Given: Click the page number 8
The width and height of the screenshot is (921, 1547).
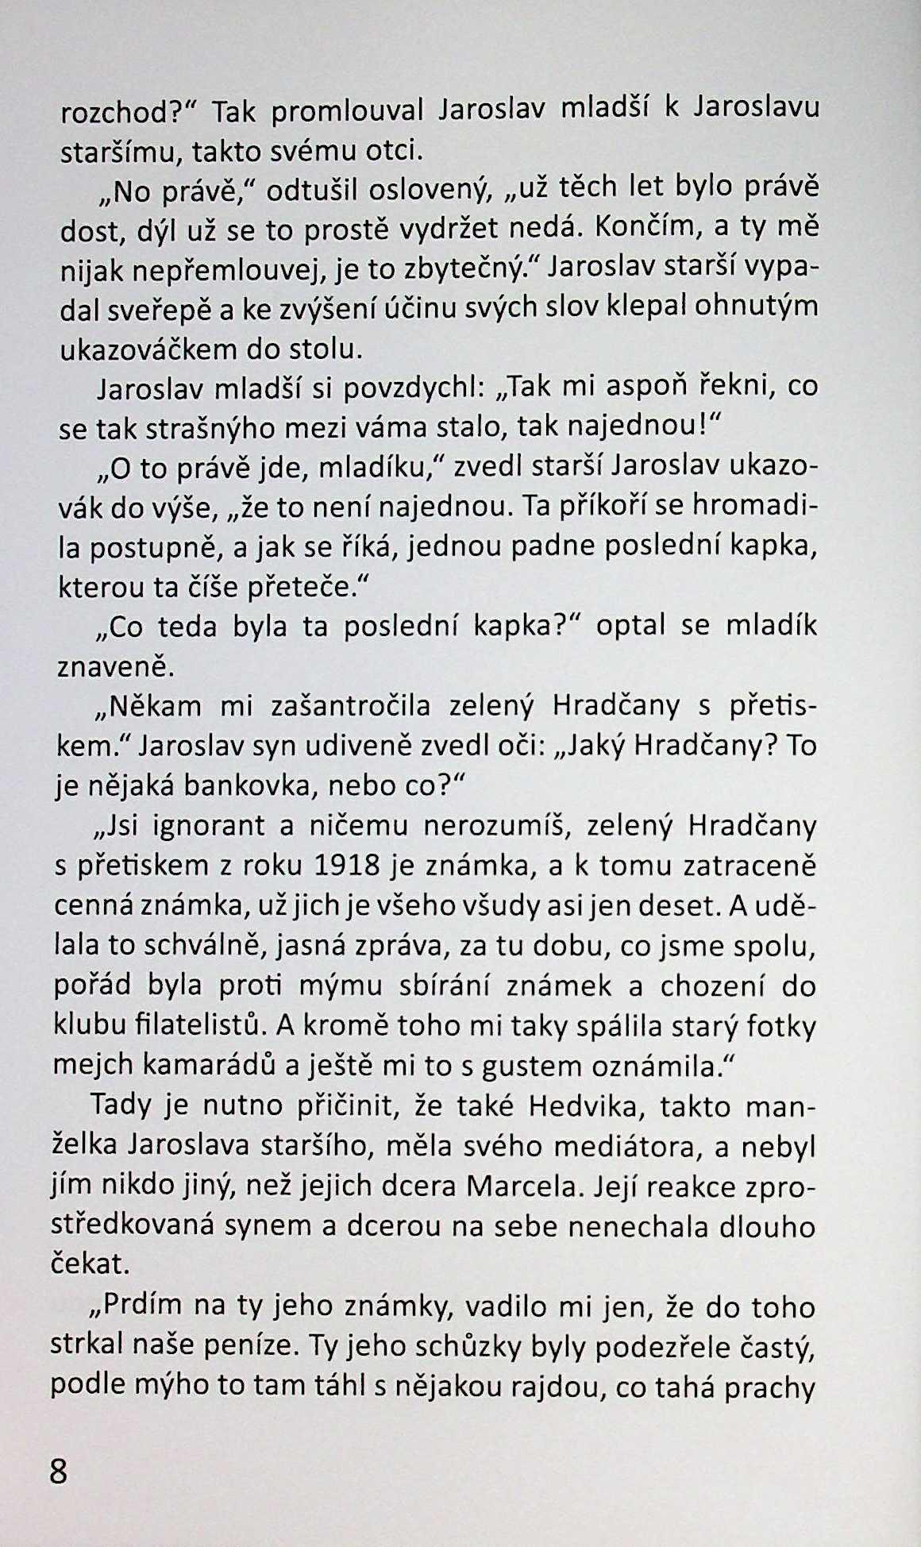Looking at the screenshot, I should point(60,1471).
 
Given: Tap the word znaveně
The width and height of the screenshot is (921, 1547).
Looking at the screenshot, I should point(114,665).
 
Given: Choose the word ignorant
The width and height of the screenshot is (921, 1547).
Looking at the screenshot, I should point(208,826).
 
